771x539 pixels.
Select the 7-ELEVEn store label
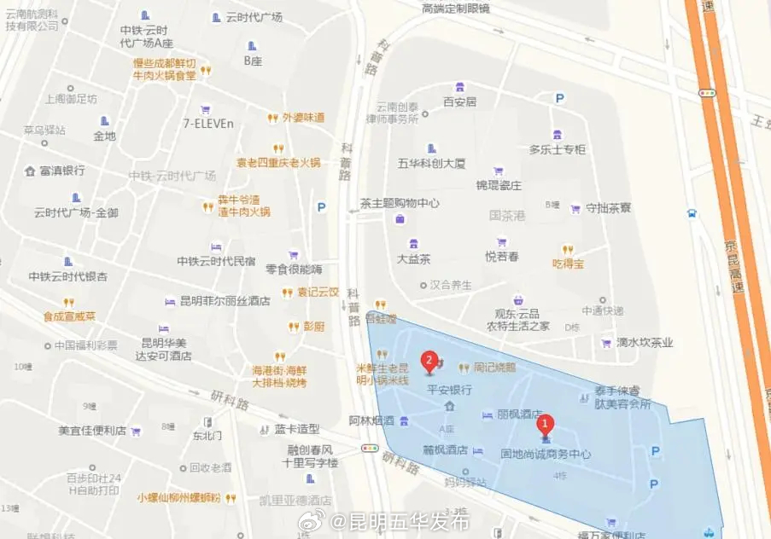coord(207,123)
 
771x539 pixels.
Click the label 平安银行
coord(449,389)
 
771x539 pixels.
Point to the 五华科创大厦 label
coord(431,162)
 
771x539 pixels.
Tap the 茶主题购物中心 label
coord(400,203)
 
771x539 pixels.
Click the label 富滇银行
coord(61,171)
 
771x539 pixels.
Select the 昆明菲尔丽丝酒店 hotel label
coord(224,301)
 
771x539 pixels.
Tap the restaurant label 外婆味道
coord(303,118)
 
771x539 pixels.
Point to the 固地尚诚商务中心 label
coord(546,455)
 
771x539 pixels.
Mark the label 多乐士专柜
coord(557,149)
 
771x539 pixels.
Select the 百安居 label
coord(459,101)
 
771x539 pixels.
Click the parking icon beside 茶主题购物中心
coord(321,206)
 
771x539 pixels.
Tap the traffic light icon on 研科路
coord(370,448)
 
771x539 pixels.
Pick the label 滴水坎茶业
coord(646,343)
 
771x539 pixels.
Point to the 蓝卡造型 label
coord(296,429)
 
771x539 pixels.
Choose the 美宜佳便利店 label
coord(92,431)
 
